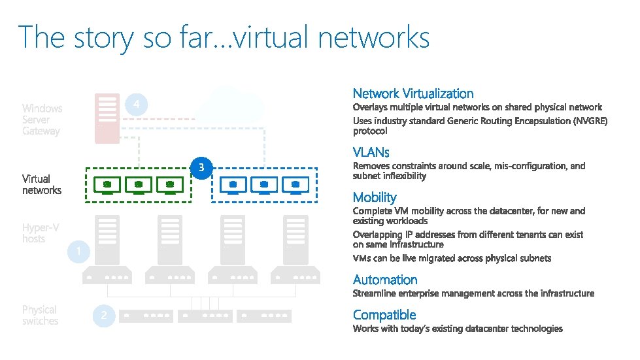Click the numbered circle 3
click(x=201, y=169)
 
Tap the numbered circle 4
click(x=135, y=105)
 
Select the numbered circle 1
click(x=78, y=252)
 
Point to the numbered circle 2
click(x=103, y=316)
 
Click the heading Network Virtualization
click(x=413, y=94)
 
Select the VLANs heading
click(x=371, y=152)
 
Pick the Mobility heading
click(x=375, y=197)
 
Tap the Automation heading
click(x=385, y=280)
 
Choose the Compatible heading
click(x=384, y=315)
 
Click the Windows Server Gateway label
click(x=42, y=120)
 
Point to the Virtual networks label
click(x=42, y=184)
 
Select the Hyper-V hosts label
click(x=41, y=233)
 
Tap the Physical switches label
click(x=40, y=316)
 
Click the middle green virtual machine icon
click(x=139, y=186)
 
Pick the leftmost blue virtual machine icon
click(x=233, y=186)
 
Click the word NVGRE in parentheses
click(x=590, y=121)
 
